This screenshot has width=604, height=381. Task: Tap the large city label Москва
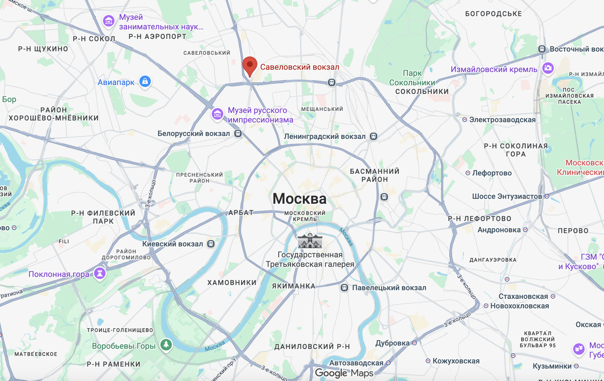(299, 199)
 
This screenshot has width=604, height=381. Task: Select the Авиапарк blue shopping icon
(145, 81)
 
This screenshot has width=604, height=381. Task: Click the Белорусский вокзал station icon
(238, 134)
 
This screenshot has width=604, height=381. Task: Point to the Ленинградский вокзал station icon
(374, 136)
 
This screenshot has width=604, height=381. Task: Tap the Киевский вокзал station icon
(211, 244)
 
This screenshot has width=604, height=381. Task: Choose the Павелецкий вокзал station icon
(344, 287)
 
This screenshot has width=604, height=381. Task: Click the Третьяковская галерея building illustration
(310, 241)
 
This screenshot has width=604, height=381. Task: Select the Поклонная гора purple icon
(100, 273)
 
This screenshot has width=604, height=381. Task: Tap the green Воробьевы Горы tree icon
(166, 344)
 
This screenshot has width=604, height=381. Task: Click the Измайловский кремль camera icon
(548, 68)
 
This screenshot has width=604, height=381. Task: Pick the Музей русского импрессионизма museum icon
(217, 114)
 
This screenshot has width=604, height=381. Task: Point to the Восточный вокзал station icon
(542, 49)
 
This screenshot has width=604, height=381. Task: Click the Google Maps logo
(344, 373)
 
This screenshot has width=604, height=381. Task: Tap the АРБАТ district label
(241, 213)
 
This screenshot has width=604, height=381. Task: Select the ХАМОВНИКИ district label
(232, 283)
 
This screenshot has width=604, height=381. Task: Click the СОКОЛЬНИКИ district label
(422, 91)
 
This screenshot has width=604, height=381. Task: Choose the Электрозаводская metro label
(502, 120)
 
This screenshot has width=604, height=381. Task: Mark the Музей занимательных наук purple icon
(109, 21)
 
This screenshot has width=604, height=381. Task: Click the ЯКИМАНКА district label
(294, 286)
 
